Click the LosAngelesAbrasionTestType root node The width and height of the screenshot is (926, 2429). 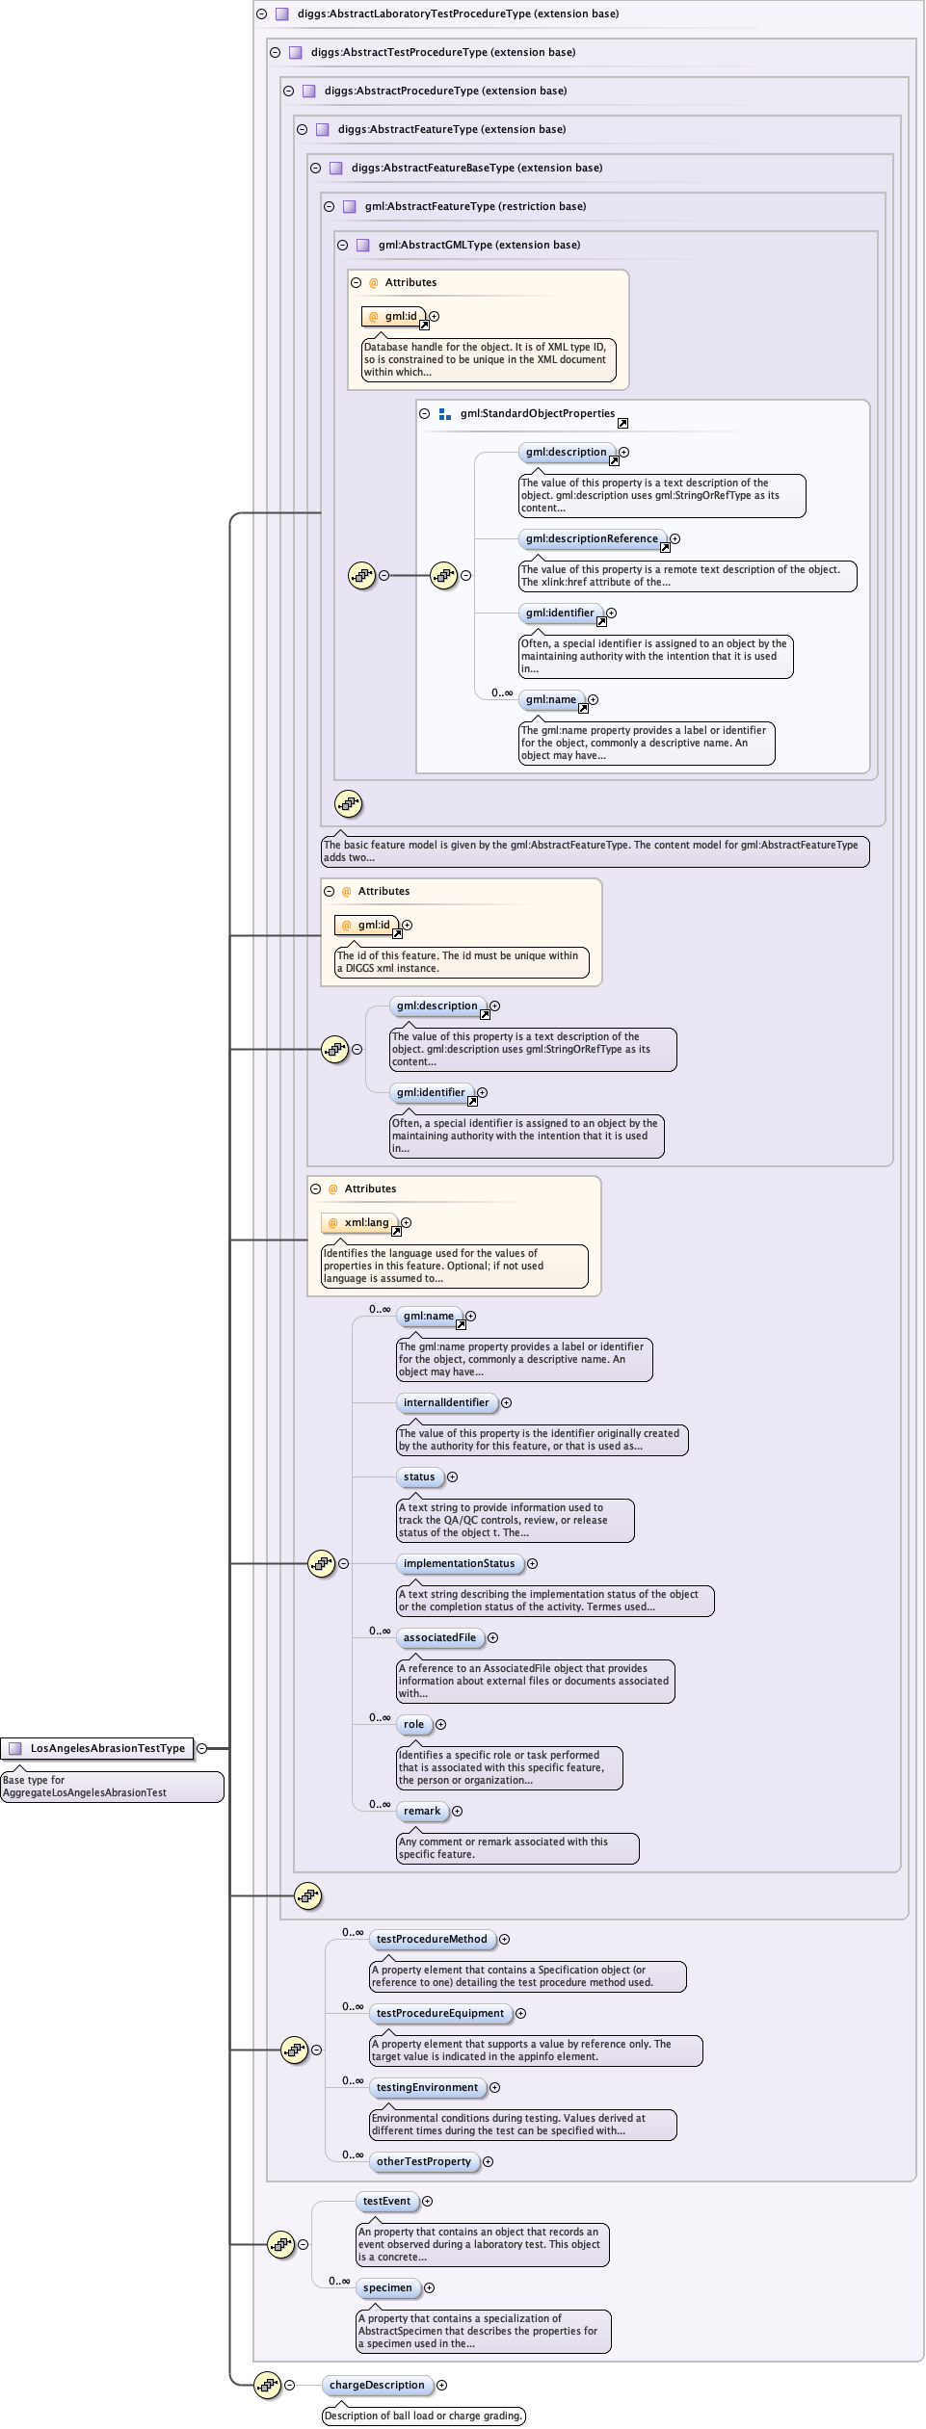[107, 1748]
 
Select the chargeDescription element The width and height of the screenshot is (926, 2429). [377, 2385]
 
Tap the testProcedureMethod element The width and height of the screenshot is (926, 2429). [432, 1939]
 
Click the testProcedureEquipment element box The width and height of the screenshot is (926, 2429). [440, 2013]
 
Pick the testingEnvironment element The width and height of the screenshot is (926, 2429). [427, 2087]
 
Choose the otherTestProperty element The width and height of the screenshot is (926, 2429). [424, 2161]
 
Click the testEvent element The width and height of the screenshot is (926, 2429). [386, 2201]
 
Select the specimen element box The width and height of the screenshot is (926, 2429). [387, 2287]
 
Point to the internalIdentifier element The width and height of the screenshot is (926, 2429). [446, 1402]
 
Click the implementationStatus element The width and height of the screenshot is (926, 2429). [459, 1563]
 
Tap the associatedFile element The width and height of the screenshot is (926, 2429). [439, 1637]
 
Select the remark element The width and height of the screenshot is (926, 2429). [422, 1811]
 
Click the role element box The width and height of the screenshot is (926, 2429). [413, 1724]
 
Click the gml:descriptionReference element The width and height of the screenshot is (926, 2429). [592, 538]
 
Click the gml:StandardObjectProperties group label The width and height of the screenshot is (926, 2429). [537, 413]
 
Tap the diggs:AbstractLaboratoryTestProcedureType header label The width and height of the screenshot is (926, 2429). [458, 13]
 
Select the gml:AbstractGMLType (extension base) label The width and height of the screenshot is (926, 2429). [479, 245]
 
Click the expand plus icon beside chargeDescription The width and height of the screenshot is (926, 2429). [441, 2385]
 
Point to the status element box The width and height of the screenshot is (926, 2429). [419, 1476]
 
